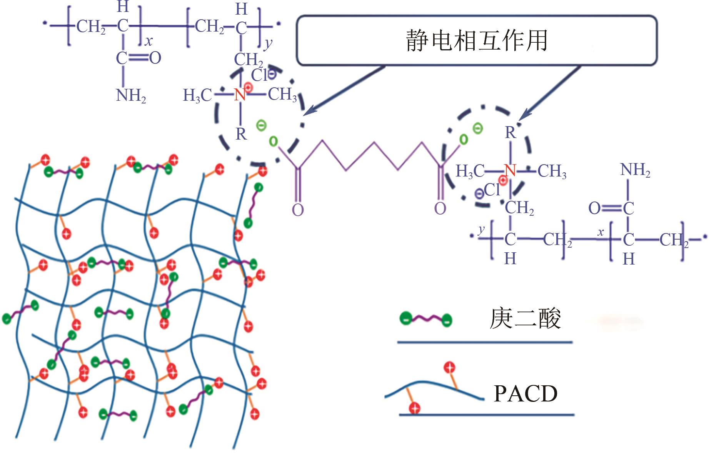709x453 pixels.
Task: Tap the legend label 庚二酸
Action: point(525,319)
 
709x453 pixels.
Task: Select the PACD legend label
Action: point(525,393)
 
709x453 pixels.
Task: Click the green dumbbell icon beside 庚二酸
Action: point(425,319)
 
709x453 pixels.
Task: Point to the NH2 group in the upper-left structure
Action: point(131,95)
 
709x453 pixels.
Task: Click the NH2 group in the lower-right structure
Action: point(635,170)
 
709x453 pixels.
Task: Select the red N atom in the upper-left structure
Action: point(240,95)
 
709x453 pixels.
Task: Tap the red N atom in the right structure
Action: point(510,170)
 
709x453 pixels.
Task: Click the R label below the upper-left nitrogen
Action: point(241,134)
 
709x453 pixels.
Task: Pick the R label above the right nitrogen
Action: point(510,132)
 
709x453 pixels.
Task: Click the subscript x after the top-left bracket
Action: point(148,41)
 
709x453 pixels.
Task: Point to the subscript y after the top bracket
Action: point(268,43)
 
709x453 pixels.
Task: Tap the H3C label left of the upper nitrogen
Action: point(197,95)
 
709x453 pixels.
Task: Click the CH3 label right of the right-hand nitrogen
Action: point(552,171)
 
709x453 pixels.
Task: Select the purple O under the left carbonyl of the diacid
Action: point(298,210)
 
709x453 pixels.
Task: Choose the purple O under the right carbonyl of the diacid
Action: point(440,208)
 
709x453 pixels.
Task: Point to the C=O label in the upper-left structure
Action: point(138,58)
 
